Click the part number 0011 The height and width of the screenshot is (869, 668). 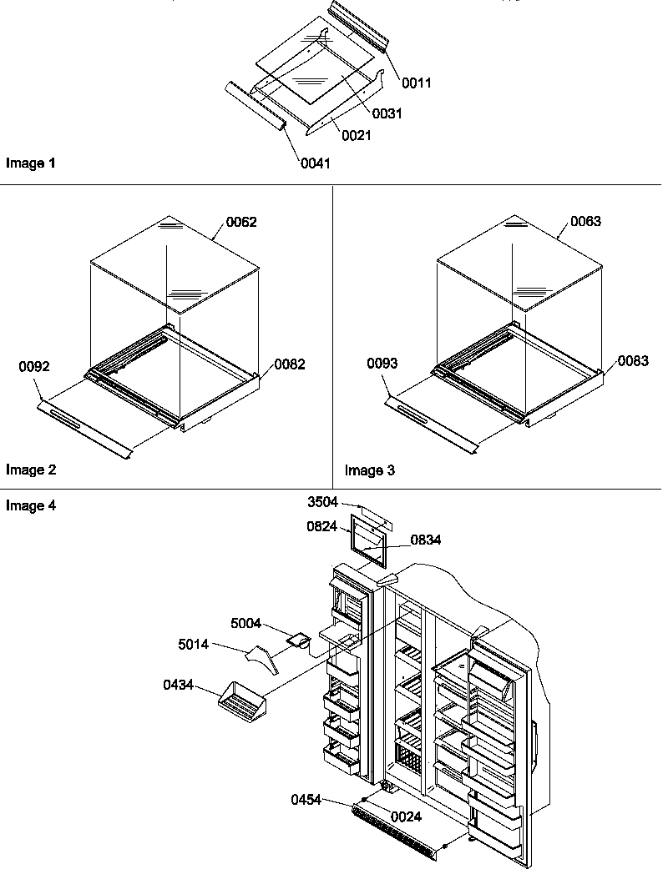pyautogui.click(x=416, y=83)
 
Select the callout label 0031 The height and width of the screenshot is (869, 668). pyautogui.click(x=387, y=113)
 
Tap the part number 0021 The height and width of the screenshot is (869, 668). pyautogui.click(x=357, y=135)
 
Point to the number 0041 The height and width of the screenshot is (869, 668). pyautogui.click(x=315, y=163)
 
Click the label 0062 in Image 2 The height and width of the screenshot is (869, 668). pyautogui.click(x=240, y=222)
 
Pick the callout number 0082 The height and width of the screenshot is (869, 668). pyautogui.click(x=289, y=364)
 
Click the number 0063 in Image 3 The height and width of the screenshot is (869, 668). pyautogui.click(x=585, y=221)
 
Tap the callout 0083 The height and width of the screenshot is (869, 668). pyautogui.click(x=633, y=360)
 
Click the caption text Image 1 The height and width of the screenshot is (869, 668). pyautogui.click(x=31, y=163)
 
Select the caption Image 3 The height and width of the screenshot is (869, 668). pyautogui.click(x=370, y=470)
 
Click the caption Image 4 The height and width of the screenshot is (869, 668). pyautogui.click(x=31, y=505)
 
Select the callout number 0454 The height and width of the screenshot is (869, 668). pyautogui.click(x=307, y=800)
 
